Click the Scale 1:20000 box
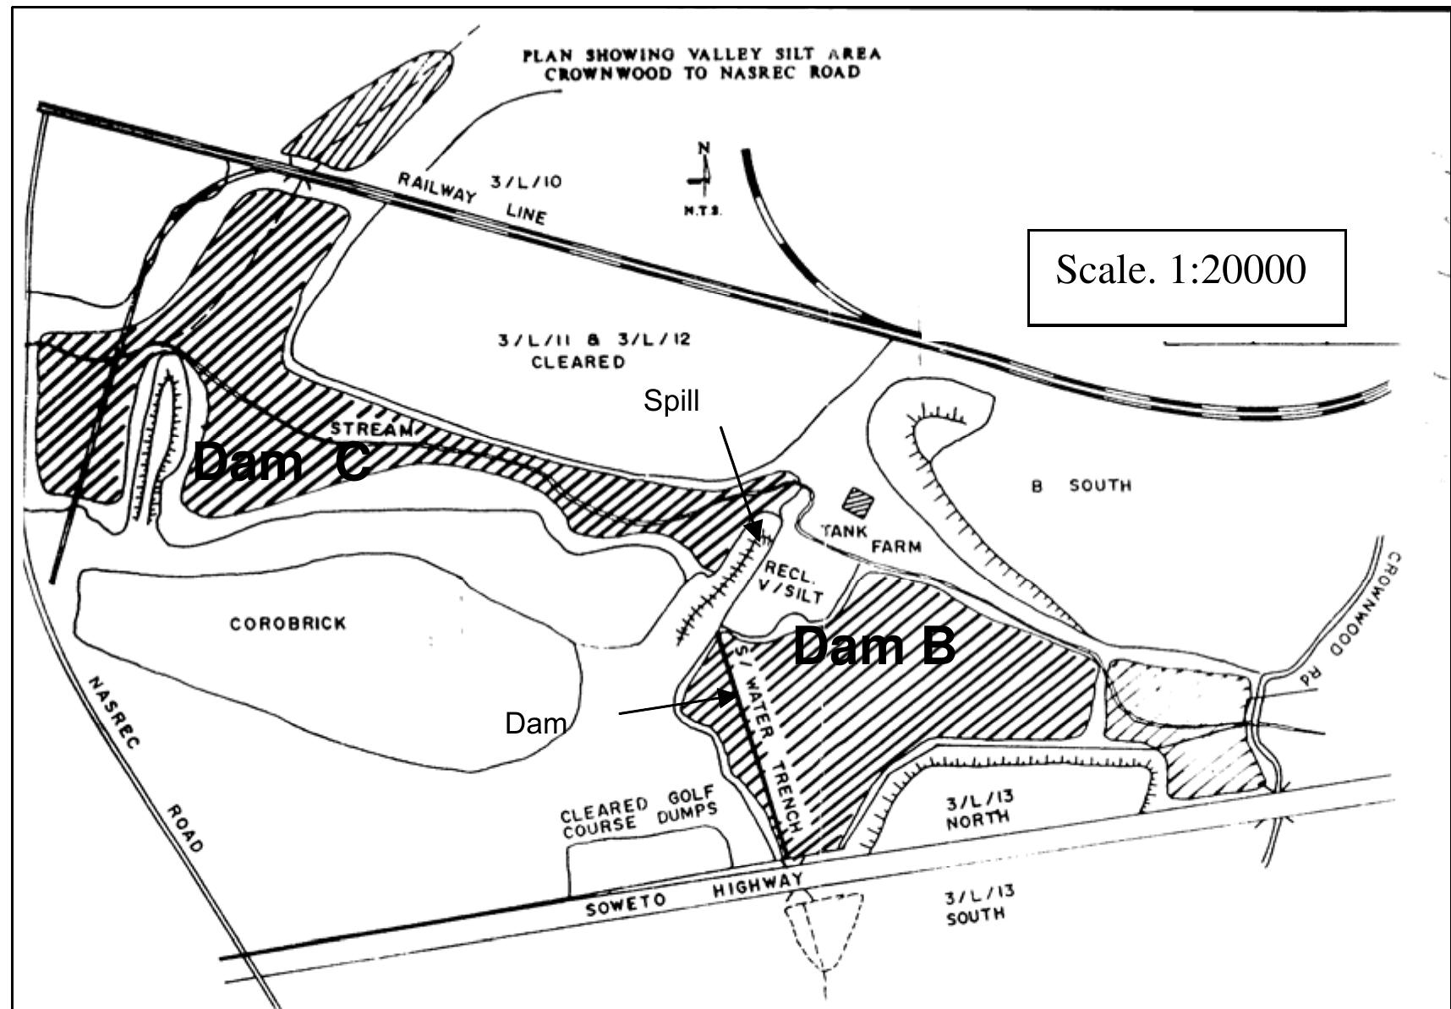point(1185,277)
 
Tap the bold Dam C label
point(282,462)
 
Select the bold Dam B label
point(873,647)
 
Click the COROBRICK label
point(288,624)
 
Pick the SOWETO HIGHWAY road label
point(693,895)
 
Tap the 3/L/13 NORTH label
point(978,808)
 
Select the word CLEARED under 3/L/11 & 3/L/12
point(578,363)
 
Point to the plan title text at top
point(701,63)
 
